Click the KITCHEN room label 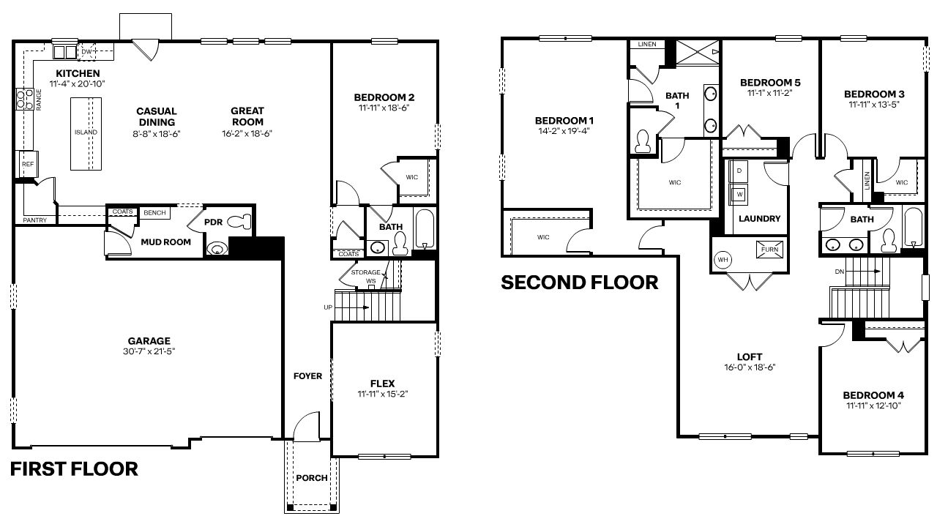coord(78,73)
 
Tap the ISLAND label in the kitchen coord(86,132)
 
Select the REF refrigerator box coord(28,165)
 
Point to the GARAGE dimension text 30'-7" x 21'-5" coord(149,351)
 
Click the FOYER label coord(307,376)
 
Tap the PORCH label coord(311,478)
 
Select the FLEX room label coord(382,384)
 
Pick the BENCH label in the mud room coord(154,213)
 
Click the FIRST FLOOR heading coord(74,469)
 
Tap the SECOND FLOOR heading coord(579,282)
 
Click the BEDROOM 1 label coord(564,120)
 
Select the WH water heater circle coord(723,260)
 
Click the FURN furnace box coord(770,248)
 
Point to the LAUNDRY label coord(759,219)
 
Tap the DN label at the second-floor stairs coord(839,271)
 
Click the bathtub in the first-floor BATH coord(425,229)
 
